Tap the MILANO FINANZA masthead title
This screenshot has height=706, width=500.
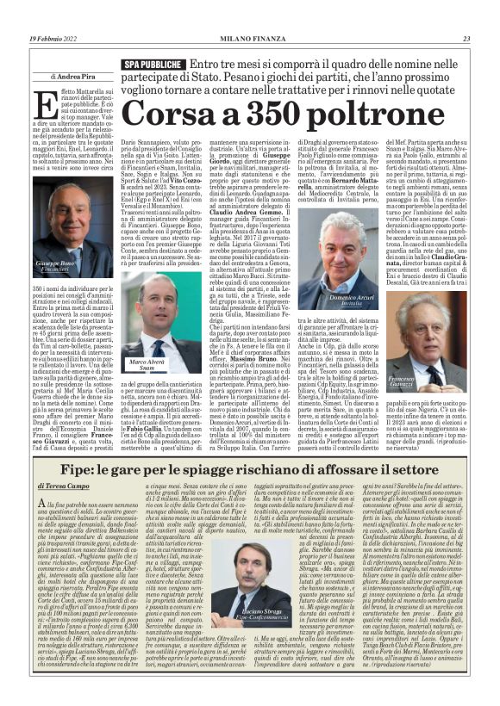click(248, 38)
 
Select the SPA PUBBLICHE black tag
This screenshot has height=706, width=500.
click(152, 65)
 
